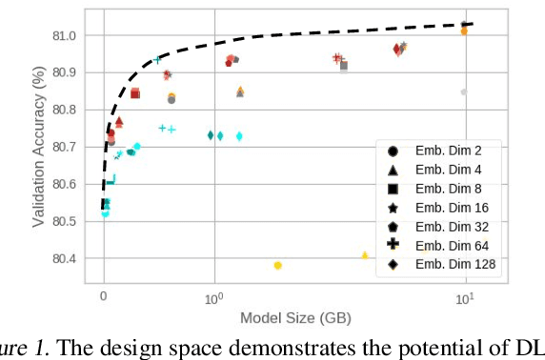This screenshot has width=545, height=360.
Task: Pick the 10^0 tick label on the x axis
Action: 214,297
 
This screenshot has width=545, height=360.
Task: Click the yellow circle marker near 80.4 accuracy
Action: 277,266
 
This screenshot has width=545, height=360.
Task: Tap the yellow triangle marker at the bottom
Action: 365,255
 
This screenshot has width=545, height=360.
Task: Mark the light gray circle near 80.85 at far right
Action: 464,92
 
